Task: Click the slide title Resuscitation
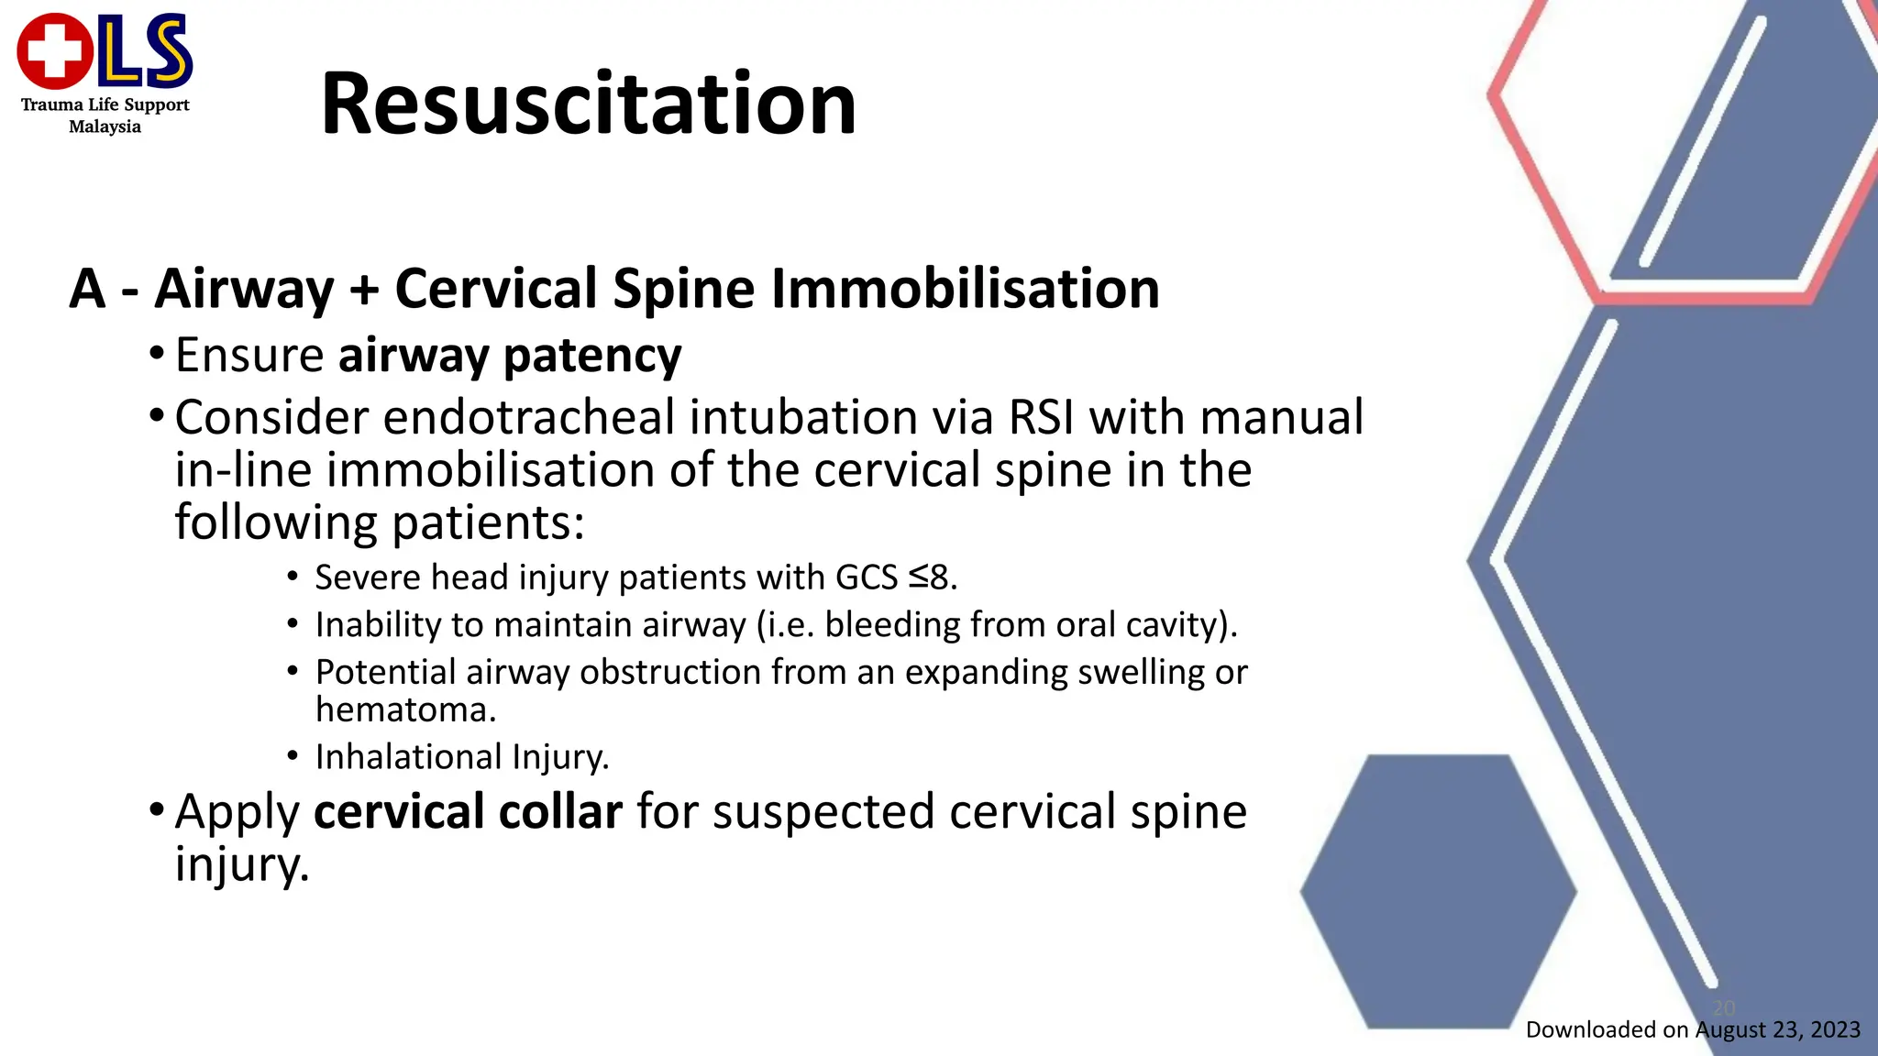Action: [588, 104]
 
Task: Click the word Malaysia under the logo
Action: [105, 126]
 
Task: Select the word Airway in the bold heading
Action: [244, 289]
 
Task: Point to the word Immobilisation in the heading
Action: [966, 289]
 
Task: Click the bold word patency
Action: [592, 356]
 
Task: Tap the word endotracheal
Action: [528, 417]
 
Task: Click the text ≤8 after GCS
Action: [932, 577]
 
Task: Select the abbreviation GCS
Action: [867, 577]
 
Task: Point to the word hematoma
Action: [405, 709]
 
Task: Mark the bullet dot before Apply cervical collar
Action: [157, 810]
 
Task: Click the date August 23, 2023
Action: [1777, 1029]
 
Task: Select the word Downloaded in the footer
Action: [1593, 1029]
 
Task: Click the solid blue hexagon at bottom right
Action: [1438, 890]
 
